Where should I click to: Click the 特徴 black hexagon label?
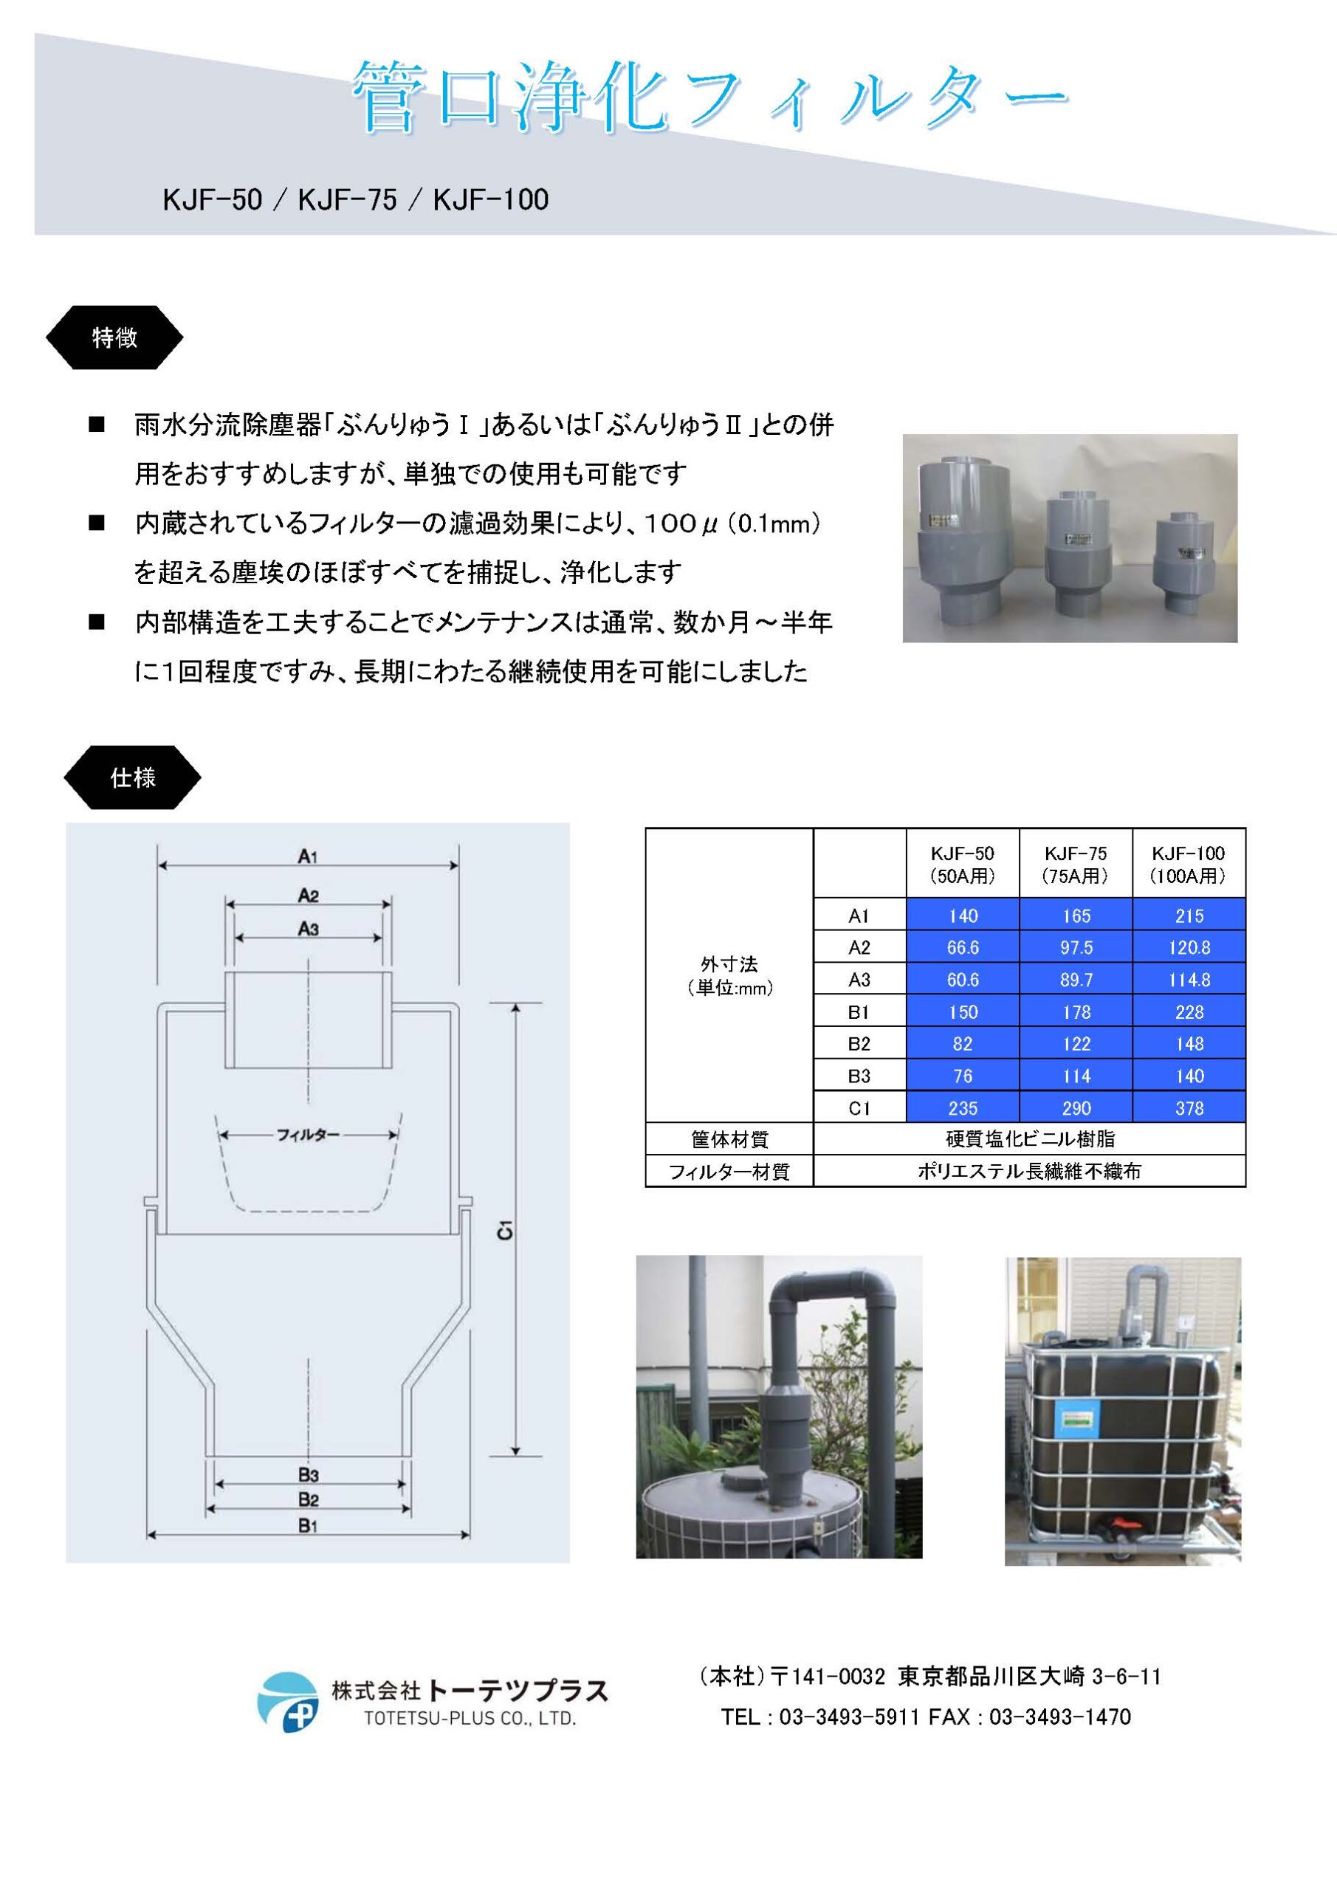point(114,337)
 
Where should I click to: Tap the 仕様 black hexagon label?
point(133,777)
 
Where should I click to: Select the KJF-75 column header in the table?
point(1075,864)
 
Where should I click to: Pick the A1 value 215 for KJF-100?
point(1189,915)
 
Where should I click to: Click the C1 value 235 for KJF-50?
point(963,1108)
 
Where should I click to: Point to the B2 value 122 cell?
point(1076,1044)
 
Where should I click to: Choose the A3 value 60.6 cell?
point(963,980)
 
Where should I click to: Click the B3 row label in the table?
point(859,1076)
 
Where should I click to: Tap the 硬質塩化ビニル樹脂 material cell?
point(1029,1139)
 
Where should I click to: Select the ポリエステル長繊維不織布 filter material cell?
point(1029,1171)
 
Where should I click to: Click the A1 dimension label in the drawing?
point(308,857)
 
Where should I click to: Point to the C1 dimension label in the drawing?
point(505,1231)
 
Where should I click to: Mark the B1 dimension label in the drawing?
point(308,1526)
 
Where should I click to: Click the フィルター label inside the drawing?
point(308,1135)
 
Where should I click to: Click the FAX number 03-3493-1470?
point(1060,1717)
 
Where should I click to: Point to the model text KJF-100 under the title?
point(491,200)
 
